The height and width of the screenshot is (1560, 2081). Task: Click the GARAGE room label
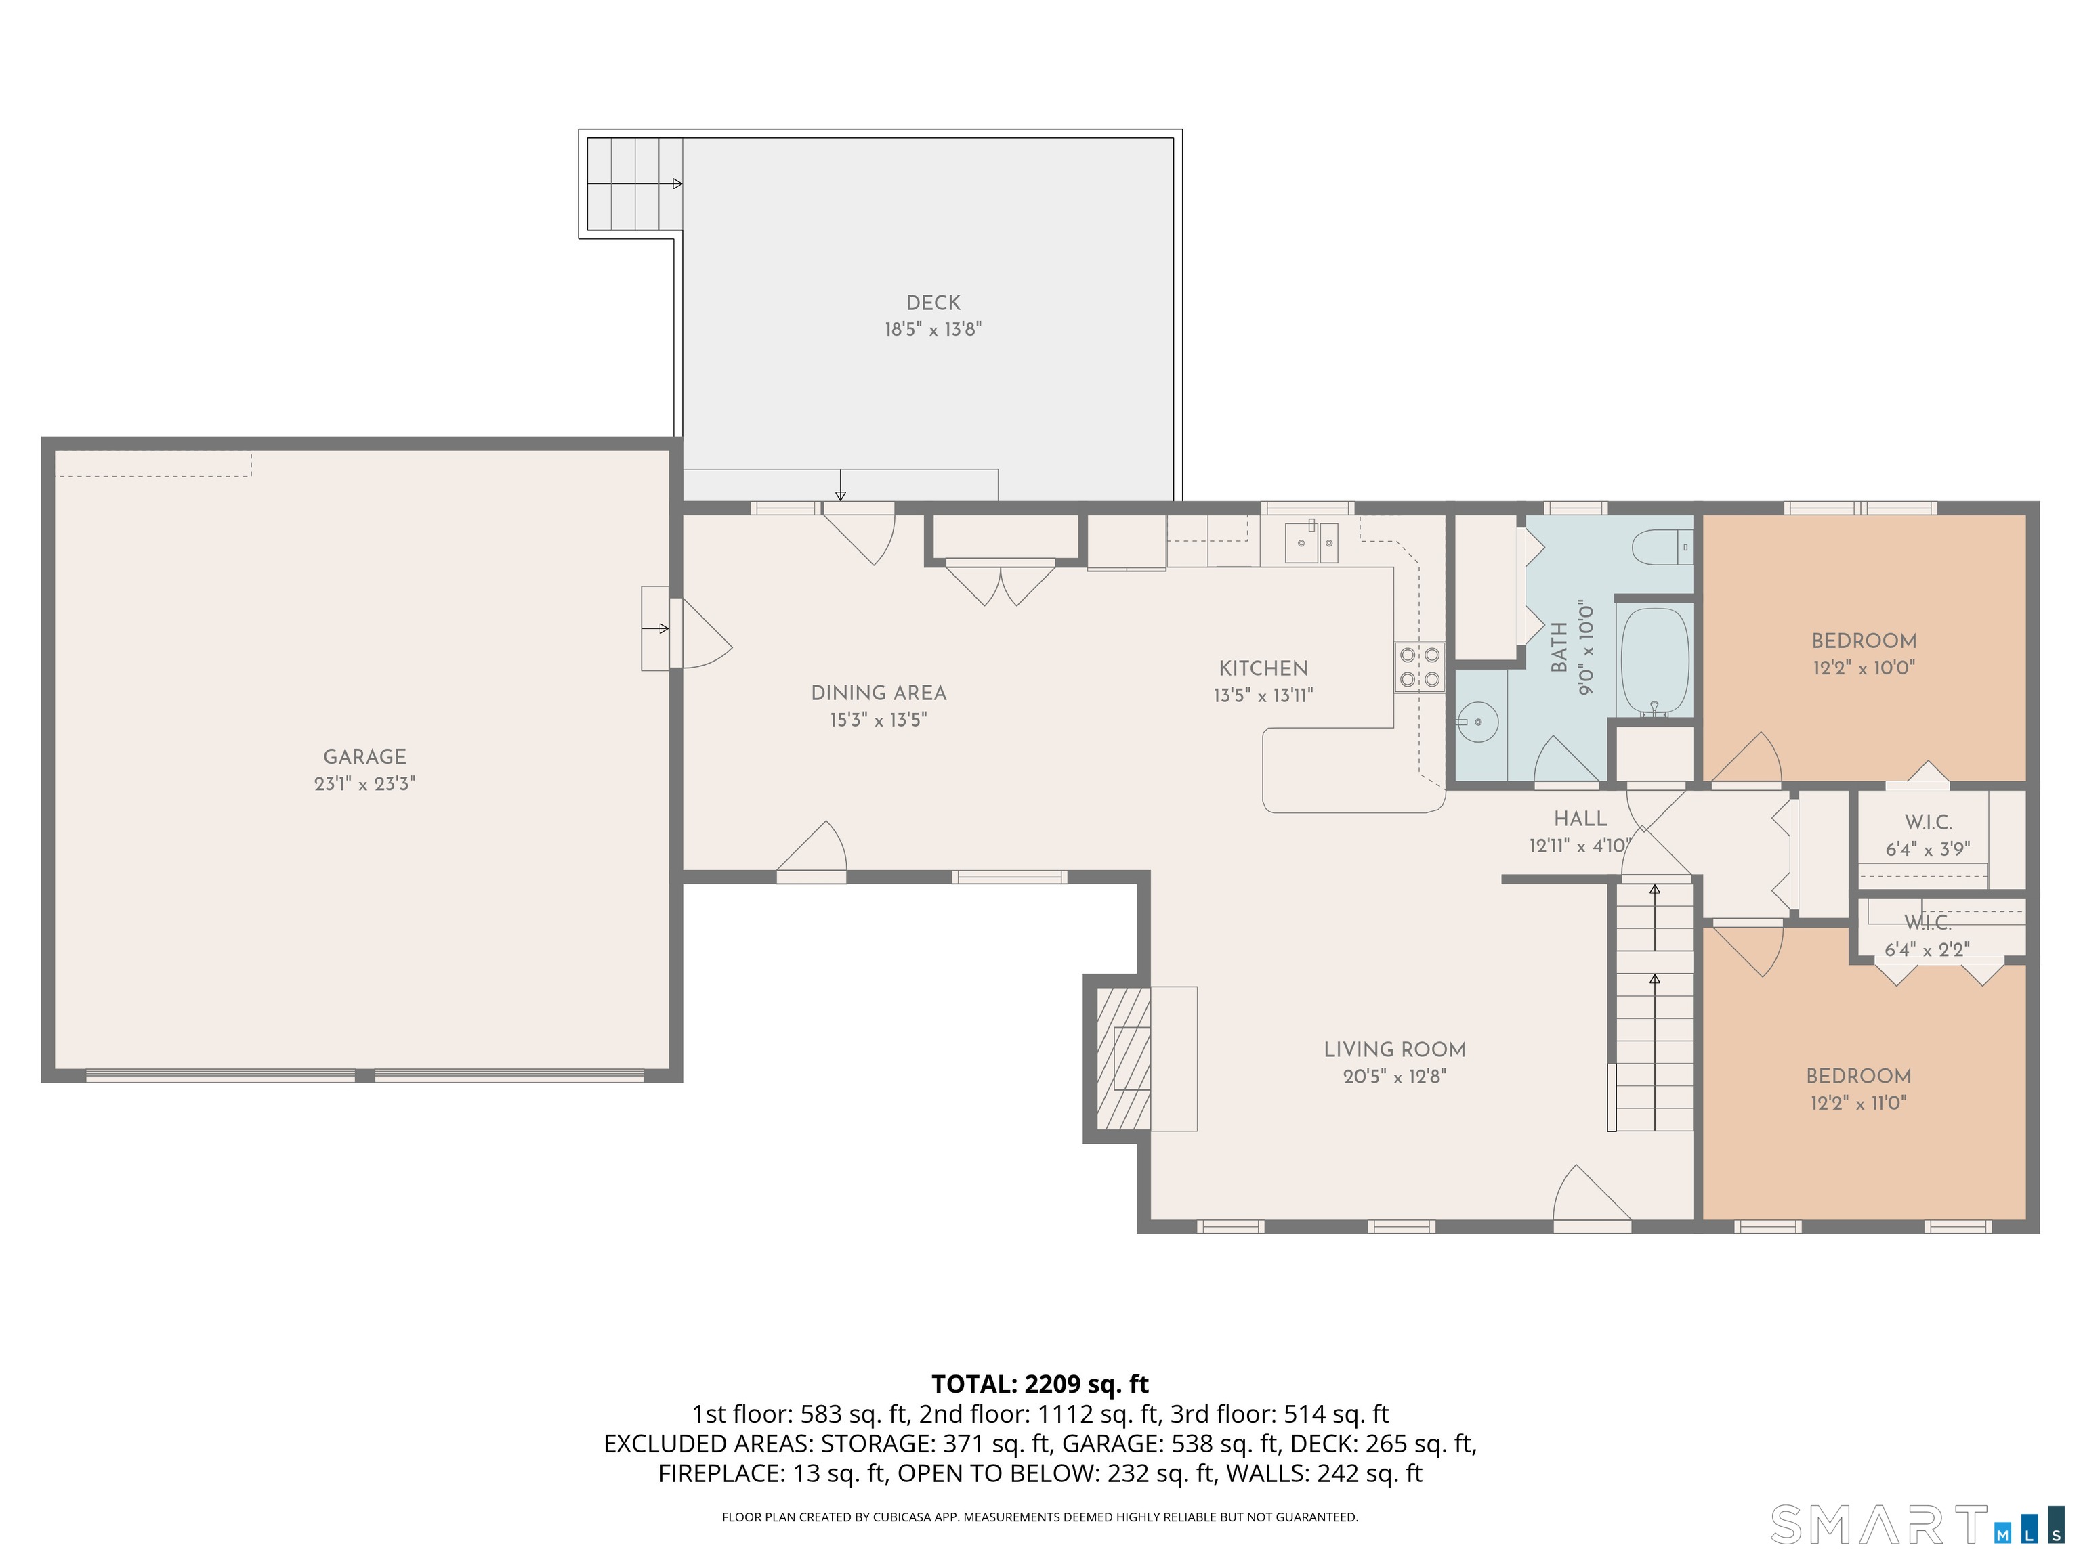[365, 756]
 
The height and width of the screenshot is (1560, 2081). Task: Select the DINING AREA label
[879, 693]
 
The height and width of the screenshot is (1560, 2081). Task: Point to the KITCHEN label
[1263, 668]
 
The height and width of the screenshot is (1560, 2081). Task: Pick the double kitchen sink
[1311, 542]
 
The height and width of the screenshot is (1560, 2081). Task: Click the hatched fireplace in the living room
[1123, 1058]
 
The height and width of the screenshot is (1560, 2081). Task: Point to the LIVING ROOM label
[1394, 1049]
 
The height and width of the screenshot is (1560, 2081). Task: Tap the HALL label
[1580, 819]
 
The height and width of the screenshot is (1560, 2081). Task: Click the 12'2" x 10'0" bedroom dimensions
[1864, 668]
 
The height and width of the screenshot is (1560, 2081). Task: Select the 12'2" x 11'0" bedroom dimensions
[1858, 1103]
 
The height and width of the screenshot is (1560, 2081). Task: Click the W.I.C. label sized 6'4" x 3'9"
[1928, 823]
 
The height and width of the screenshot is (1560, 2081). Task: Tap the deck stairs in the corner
[635, 183]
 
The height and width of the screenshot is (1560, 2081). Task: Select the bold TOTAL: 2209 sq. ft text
[1040, 1384]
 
